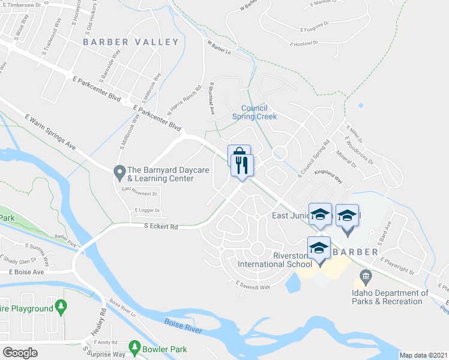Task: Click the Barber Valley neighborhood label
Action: coord(131,42)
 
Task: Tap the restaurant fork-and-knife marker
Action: coord(243,166)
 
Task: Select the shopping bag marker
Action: coord(238,156)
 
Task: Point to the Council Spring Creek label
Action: coord(255,112)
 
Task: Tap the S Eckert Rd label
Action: coord(161,227)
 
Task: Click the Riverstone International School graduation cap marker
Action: coord(319,248)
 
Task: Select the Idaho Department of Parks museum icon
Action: coord(366,278)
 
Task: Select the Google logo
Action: coord(20,352)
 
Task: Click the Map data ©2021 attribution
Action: coord(423,355)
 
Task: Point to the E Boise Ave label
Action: coord(26,272)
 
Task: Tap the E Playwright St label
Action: coord(399,263)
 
